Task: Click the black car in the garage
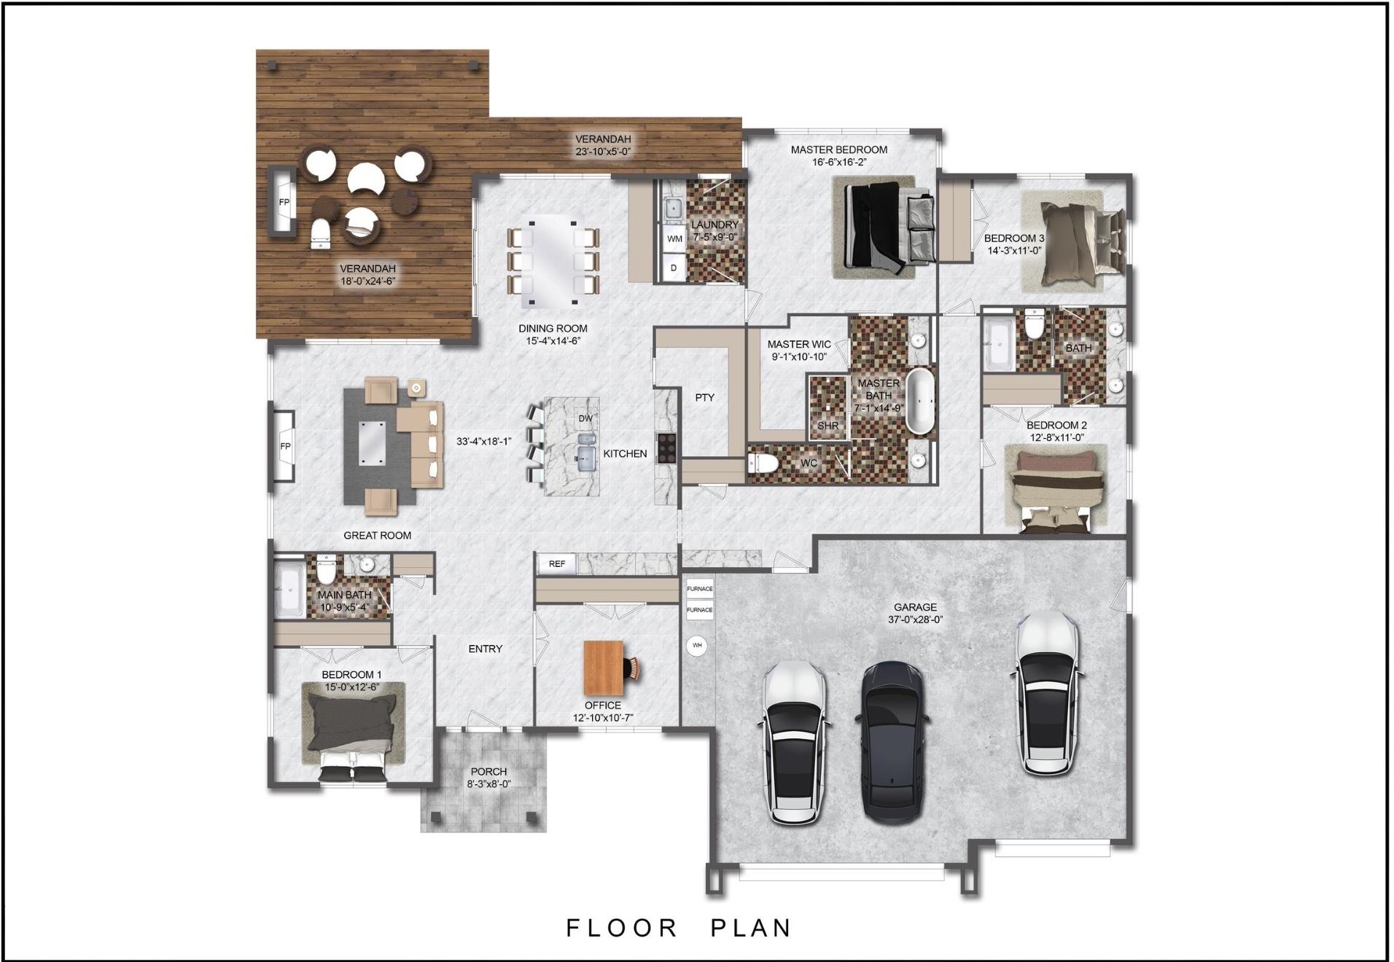click(x=893, y=742)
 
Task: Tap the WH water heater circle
click(x=697, y=646)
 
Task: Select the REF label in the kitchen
click(x=557, y=563)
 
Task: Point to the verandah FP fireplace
click(x=283, y=202)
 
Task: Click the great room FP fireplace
click(x=284, y=446)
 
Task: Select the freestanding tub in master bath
click(x=920, y=402)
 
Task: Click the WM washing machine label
click(x=674, y=238)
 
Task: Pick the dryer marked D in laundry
click(x=674, y=268)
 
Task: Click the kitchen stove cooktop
click(x=666, y=448)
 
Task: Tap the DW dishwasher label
click(x=585, y=418)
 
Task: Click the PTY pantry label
click(x=704, y=397)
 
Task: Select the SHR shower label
click(x=828, y=426)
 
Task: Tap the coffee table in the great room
click(x=372, y=442)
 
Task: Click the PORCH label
click(x=488, y=771)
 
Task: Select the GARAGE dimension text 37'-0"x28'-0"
click(x=915, y=619)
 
